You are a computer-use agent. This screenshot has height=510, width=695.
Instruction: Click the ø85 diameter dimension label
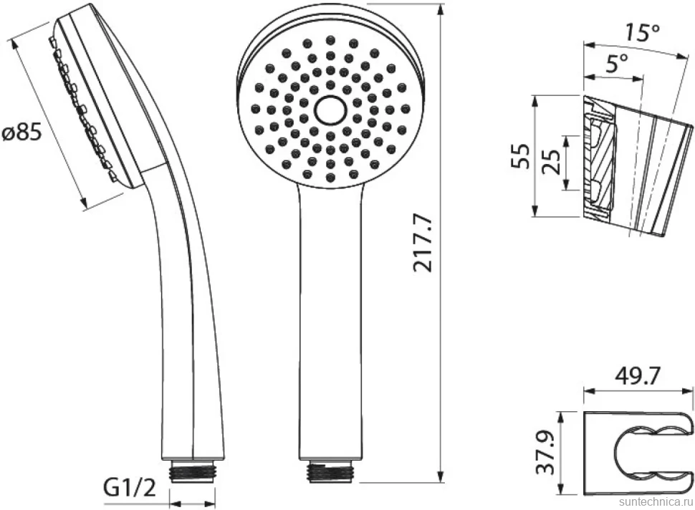[x=22, y=132]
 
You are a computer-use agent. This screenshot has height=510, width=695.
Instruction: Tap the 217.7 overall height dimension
[x=422, y=242]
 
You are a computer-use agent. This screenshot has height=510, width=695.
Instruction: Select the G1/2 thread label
[x=130, y=488]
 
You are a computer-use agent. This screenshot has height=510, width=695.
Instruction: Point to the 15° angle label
[x=642, y=32]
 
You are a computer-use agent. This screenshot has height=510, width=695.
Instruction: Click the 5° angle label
[x=617, y=64]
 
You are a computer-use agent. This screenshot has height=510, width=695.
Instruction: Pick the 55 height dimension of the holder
[x=520, y=155]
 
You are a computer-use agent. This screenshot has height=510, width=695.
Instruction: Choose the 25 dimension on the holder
[x=552, y=163]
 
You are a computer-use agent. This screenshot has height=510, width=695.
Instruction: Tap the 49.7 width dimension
[x=638, y=377]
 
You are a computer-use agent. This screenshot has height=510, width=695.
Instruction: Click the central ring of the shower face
[x=330, y=110]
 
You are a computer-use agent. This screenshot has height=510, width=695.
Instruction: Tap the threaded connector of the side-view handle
[x=193, y=471]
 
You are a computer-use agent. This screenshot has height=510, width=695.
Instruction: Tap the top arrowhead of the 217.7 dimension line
[x=441, y=11]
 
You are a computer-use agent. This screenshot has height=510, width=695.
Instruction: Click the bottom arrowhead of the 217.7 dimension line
[x=441, y=476]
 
